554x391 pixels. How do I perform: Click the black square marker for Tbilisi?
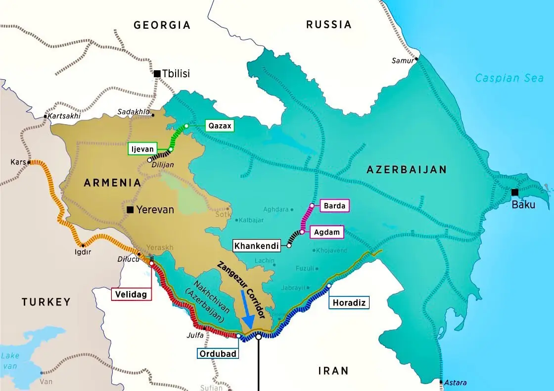[157, 74]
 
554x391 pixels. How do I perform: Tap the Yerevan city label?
[155, 210]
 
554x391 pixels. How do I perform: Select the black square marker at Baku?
[515, 192]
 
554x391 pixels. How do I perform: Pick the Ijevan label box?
[142, 148]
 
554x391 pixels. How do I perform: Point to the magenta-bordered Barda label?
[335, 205]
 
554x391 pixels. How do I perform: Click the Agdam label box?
[327, 232]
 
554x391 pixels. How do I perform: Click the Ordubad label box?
[217, 353]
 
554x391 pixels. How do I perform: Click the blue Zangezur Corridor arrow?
[248, 311]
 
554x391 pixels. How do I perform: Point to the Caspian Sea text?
[509, 78]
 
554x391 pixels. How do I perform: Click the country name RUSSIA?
[328, 24]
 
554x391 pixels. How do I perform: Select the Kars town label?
[18, 162]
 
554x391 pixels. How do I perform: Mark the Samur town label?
[401, 60]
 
